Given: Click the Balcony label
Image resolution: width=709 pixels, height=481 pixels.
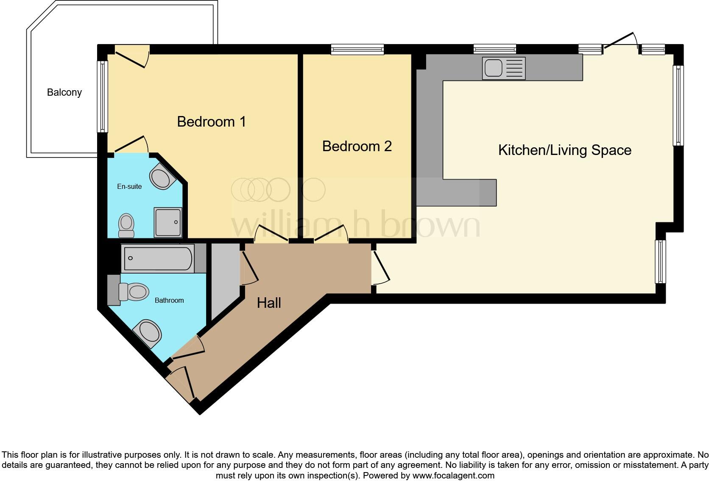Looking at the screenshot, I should tap(64, 92).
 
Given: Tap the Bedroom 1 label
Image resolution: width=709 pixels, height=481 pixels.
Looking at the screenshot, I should tap(211, 122).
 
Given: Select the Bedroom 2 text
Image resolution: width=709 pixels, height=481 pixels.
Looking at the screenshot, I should tap(357, 147).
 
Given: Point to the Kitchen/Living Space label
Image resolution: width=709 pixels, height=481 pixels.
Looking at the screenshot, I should tap(564, 150).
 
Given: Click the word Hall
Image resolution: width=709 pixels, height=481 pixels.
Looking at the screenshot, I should tap(269, 303).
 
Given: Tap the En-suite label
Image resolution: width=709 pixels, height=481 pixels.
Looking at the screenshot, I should tap(129, 187).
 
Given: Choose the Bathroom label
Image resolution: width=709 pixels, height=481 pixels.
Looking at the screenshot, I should tap(169, 301).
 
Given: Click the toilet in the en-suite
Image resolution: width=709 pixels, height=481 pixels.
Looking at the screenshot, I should tap(126, 226).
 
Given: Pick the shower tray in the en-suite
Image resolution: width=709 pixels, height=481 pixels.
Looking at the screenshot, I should tap(168, 222).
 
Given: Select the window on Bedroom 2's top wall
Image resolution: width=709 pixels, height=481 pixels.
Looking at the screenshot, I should tap(357, 50).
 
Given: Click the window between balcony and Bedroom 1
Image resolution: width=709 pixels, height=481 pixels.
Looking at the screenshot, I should tap(102, 96).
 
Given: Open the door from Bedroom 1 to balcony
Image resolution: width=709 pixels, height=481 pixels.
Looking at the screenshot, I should tap(132, 55).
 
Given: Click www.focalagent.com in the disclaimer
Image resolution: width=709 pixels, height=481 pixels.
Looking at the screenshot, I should tap(453, 475).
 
